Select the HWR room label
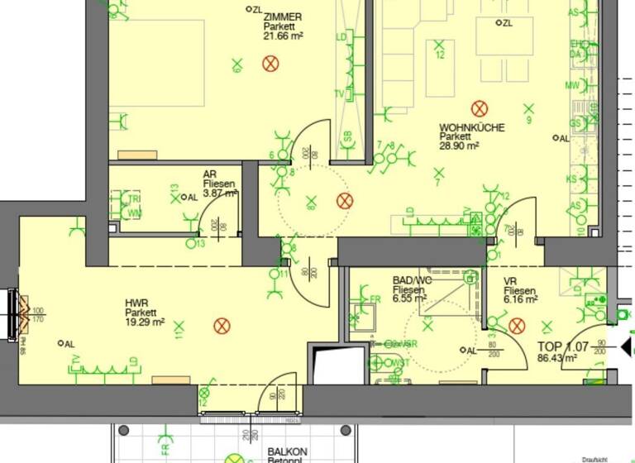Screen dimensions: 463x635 136,303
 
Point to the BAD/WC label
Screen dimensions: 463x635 412,280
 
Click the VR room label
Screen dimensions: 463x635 510,281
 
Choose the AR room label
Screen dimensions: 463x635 210,174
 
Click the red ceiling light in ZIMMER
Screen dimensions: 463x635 270,63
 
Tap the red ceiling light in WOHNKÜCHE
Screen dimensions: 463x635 478,108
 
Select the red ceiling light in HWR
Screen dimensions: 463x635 222,325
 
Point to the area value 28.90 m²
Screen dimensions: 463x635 460,146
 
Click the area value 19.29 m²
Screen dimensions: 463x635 146,322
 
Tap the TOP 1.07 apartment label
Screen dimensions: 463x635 563,346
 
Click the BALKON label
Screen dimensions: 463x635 287,451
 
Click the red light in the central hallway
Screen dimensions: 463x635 345,200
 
